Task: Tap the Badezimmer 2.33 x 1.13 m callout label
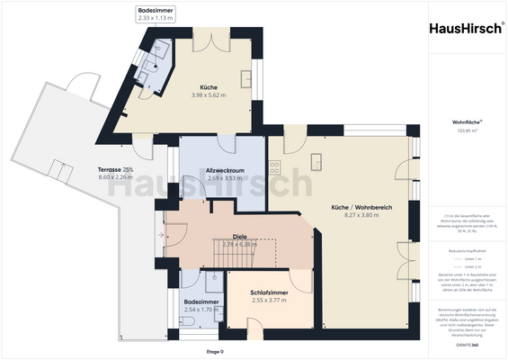click(x=155, y=13)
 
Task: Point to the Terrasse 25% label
click(x=115, y=174)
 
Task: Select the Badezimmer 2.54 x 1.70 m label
click(x=201, y=306)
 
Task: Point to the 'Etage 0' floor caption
click(x=215, y=351)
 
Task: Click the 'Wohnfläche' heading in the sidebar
click(x=465, y=121)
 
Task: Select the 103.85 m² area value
click(x=465, y=131)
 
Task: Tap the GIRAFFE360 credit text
click(x=465, y=345)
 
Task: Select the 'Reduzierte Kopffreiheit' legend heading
click(x=465, y=252)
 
